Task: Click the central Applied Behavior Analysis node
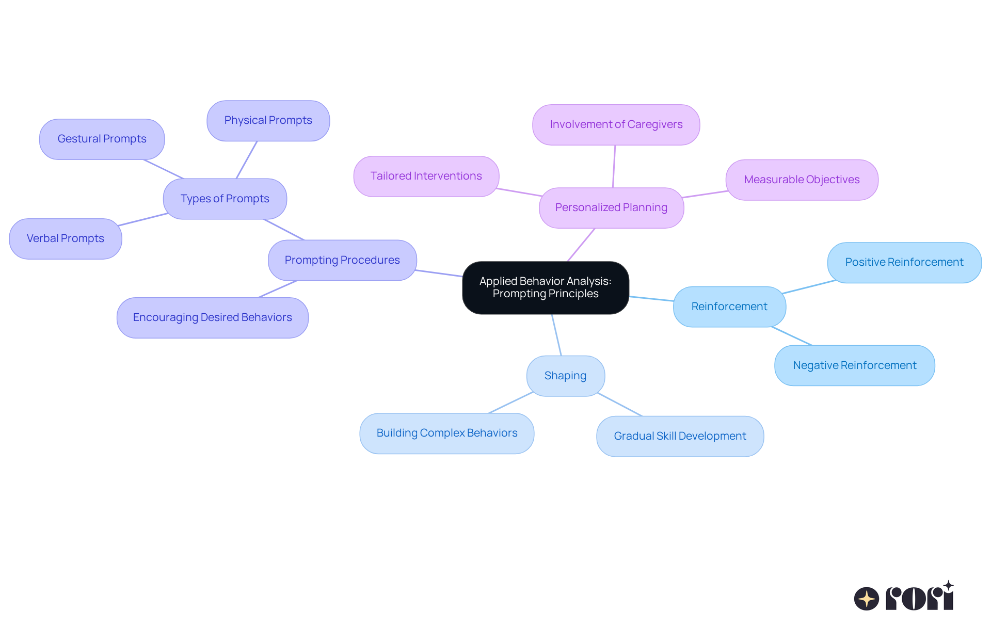click(x=545, y=287)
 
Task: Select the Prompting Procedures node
click(x=342, y=260)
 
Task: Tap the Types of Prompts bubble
click(x=225, y=199)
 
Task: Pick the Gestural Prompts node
click(x=102, y=139)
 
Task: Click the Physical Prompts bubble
click(x=268, y=120)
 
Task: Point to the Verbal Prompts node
click(x=66, y=238)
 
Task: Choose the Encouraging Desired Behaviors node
click(x=212, y=317)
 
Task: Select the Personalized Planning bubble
click(x=611, y=207)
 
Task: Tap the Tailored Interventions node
click(x=426, y=176)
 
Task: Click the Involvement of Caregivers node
click(x=616, y=124)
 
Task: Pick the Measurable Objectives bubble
click(x=802, y=180)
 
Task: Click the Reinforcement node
click(x=729, y=307)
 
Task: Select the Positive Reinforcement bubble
click(x=904, y=262)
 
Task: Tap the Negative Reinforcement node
click(x=854, y=365)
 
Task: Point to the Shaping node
click(x=565, y=376)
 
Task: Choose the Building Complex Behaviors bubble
click(x=446, y=433)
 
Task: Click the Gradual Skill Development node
click(x=680, y=436)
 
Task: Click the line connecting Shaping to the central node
click(x=556, y=335)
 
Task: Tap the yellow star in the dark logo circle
click(x=867, y=599)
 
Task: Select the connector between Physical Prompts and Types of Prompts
click(x=247, y=160)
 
